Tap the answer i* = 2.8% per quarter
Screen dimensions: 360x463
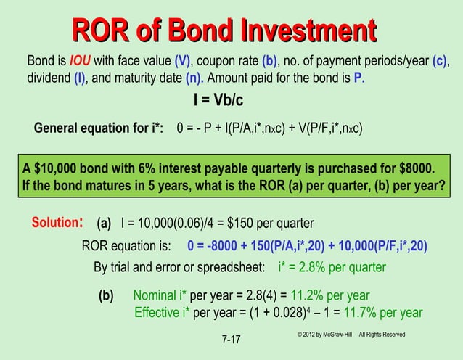[332, 267]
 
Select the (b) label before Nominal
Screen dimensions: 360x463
[107, 295]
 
